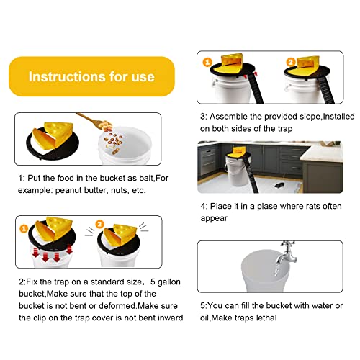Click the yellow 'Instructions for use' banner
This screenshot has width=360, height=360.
(x=92, y=76)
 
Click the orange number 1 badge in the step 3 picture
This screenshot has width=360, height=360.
(x=204, y=62)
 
